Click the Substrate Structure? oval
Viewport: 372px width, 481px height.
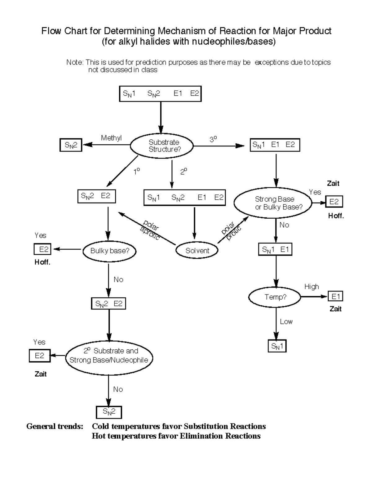pos(162,146)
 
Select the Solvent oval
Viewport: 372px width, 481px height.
pos(197,251)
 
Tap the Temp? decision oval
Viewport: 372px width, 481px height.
pos(275,297)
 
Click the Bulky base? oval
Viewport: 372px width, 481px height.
pos(109,251)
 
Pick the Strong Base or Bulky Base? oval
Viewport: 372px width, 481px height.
pos(273,203)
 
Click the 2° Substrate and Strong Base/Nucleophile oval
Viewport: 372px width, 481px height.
pos(109,356)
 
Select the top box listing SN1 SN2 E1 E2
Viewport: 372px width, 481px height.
pos(160,94)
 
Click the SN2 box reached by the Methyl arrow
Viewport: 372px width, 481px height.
pos(71,145)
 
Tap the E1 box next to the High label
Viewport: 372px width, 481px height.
pos(335,296)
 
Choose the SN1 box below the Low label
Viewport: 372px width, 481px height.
pos(277,346)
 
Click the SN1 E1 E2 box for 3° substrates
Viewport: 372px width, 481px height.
pos(275,145)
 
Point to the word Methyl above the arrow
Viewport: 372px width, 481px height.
pos(111,138)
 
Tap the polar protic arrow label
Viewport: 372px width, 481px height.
pos(231,231)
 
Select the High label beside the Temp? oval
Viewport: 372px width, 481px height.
pos(312,286)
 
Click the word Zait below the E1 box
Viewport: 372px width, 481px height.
pos(335,309)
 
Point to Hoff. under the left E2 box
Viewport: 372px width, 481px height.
pos(42,262)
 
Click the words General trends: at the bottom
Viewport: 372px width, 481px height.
pos(55,426)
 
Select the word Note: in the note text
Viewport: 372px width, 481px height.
pos(75,62)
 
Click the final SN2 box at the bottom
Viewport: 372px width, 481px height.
pos(109,412)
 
